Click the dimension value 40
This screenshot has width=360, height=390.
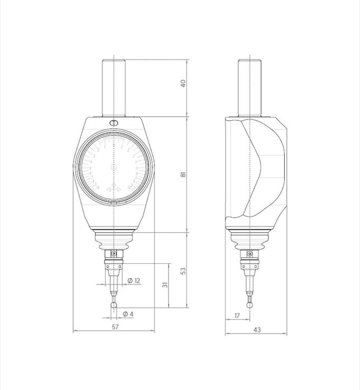click(183, 84)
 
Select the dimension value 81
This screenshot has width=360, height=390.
click(183, 175)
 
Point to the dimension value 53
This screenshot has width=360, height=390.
click(183, 271)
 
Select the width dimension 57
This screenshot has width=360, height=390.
click(116, 327)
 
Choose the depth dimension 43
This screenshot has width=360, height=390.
click(257, 330)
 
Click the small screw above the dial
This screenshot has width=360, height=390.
click(114, 123)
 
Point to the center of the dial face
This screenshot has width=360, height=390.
click(114, 167)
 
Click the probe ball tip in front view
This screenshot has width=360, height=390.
click(114, 305)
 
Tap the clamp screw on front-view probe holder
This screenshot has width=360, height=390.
click(114, 254)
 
